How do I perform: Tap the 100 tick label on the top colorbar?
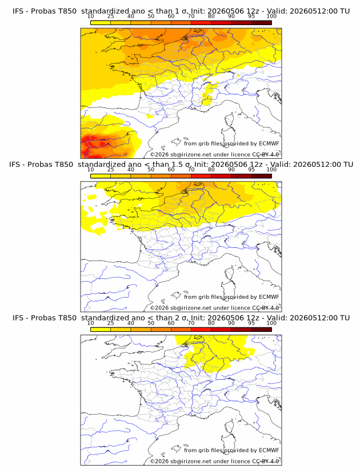coord(271,17)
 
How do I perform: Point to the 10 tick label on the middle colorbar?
coord(90,170)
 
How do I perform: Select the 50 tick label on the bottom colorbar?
coord(151,323)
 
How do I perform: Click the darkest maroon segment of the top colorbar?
coord(262,22)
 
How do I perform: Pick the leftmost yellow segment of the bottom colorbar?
coord(101,330)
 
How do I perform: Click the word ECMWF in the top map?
coord(269,143)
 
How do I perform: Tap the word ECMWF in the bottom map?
coord(269,450)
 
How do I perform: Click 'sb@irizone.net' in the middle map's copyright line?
coord(191,308)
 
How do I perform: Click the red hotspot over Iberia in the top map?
coord(94,143)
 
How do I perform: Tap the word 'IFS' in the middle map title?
coord(14,165)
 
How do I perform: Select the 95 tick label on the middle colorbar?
coord(251,170)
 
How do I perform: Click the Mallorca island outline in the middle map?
coord(175,295)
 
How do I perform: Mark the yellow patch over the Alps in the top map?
coord(207,94)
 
